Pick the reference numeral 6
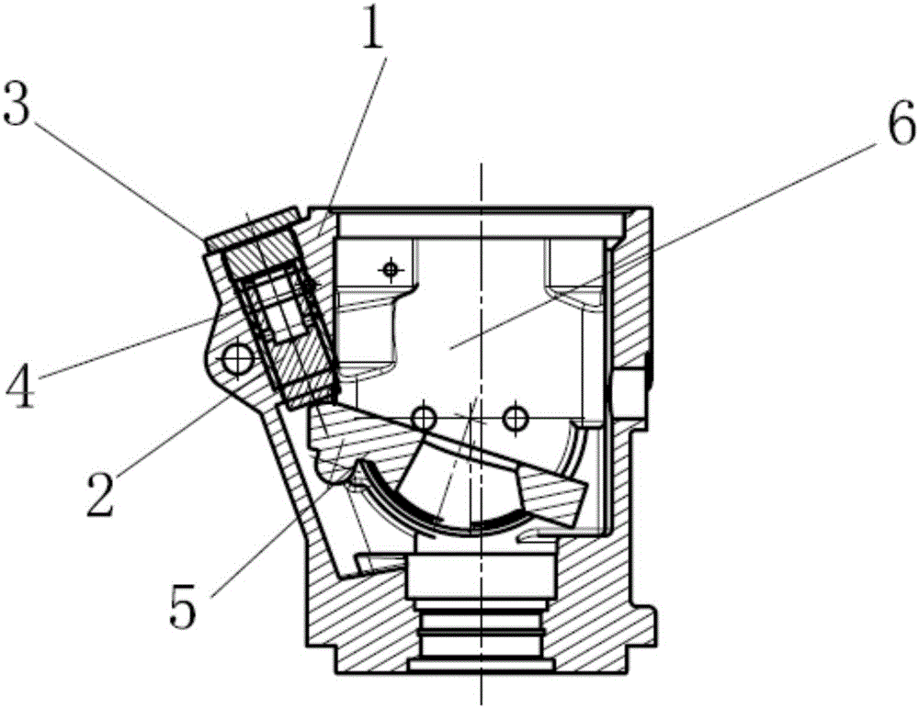click(901, 124)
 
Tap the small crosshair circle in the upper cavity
click(391, 269)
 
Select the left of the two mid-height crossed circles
click(424, 418)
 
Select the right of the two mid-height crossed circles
click(515, 418)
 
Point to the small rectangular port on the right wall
click(631, 388)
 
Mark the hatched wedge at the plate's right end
click(550, 495)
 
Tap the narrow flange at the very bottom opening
click(482, 665)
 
